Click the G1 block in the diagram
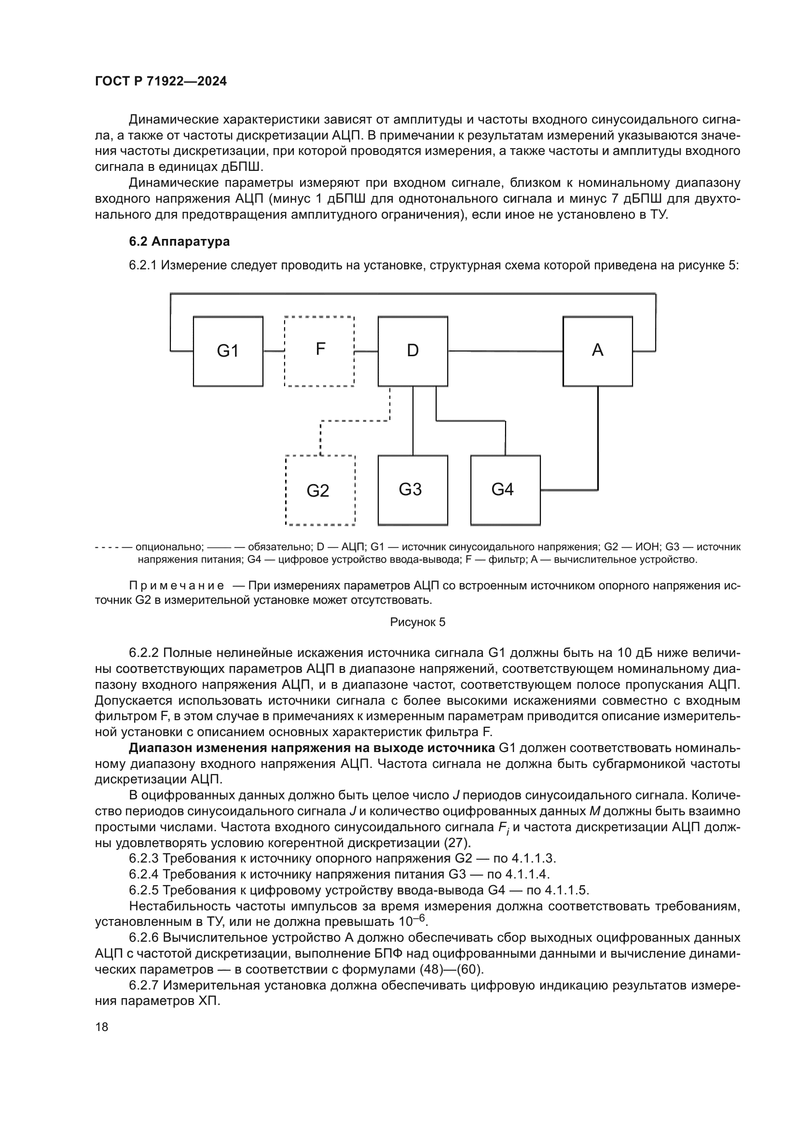(228, 351)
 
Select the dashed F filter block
(319, 351)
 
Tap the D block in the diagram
(413, 351)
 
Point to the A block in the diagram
(597, 351)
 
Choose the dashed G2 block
(320, 490)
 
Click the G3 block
(413, 490)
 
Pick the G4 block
(505, 490)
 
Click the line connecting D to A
(505, 351)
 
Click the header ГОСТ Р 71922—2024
(161, 82)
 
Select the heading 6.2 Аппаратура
(179, 241)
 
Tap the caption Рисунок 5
(418, 622)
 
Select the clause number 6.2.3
(143, 859)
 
